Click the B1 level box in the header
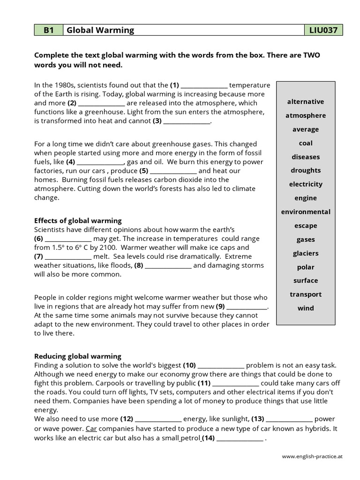[x=48, y=30]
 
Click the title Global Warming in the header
[x=100, y=30]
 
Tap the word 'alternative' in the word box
[x=306, y=102]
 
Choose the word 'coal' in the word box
[x=306, y=143]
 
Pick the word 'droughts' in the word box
[x=306, y=171]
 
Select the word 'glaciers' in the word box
[x=306, y=253]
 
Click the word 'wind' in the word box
[x=306, y=308]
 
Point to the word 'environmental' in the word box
[x=306, y=212]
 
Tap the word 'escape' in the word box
[x=306, y=226]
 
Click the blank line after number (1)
[x=204, y=86]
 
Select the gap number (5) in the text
[x=144, y=171]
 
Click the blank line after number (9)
[x=247, y=307]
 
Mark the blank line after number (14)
[x=240, y=439]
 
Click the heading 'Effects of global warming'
[x=78, y=220]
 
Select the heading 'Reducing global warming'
[x=78, y=356]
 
